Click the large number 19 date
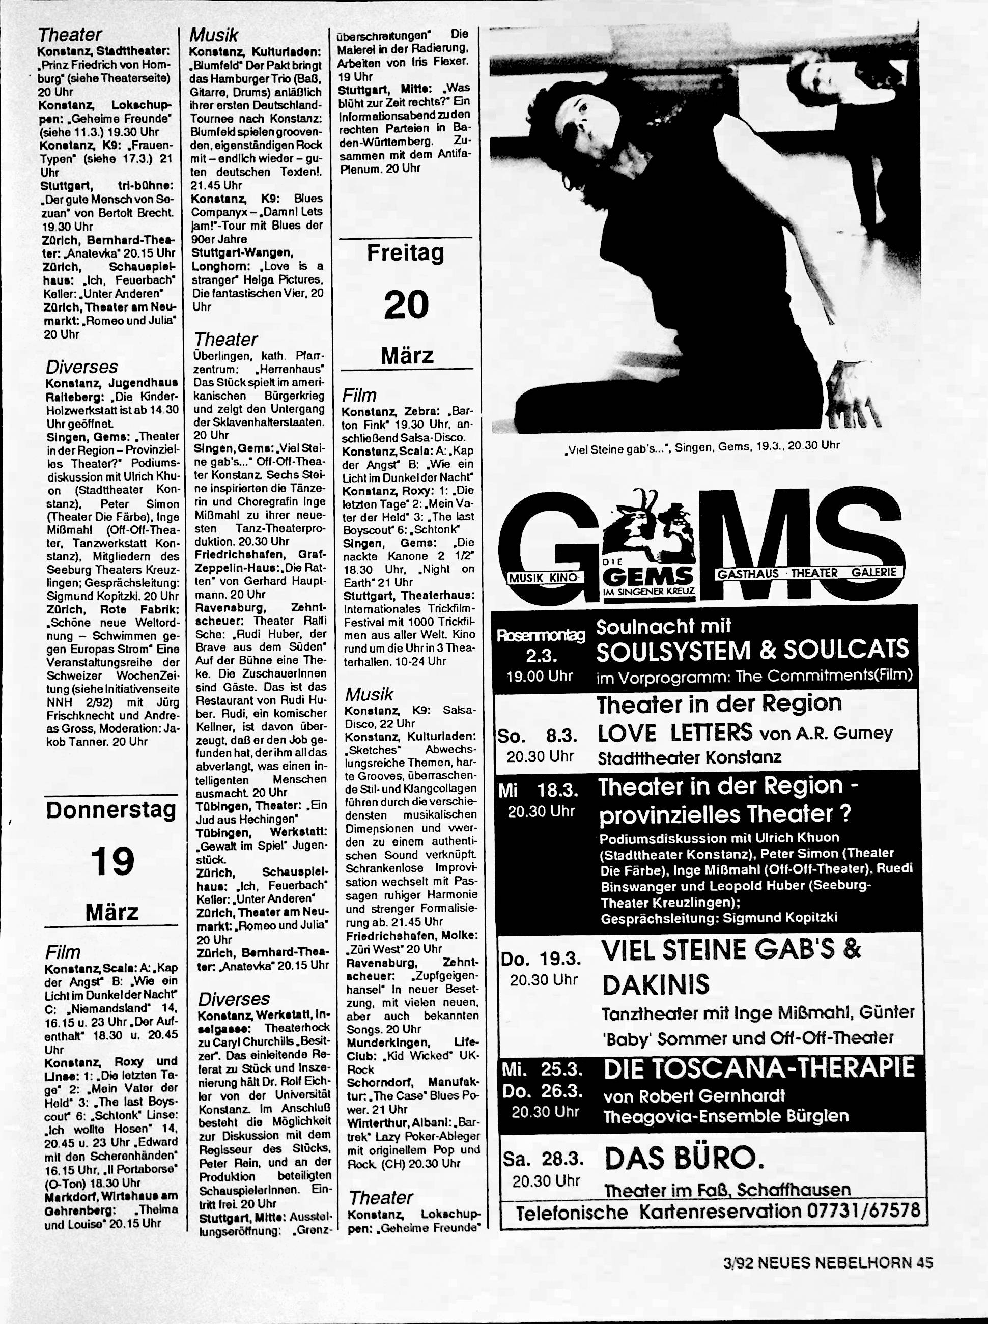pos(112,862)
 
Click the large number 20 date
pos(406,304)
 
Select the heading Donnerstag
pos(112,811)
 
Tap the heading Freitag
pos(406,253)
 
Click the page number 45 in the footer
pos(923,1263)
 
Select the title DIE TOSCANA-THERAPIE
pos(759,1068)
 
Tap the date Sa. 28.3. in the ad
pos(543,1159)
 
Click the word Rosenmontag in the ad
pos(541,636)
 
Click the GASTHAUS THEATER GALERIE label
pos(807,572)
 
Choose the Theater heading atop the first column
pos(69,34)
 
